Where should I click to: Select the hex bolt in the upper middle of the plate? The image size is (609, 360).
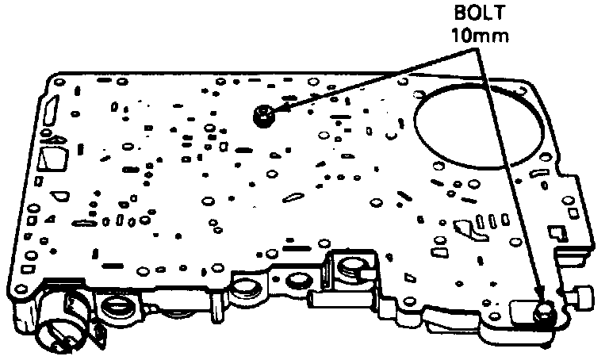click(262, 117)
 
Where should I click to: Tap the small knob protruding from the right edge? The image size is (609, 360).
click(584, 297)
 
